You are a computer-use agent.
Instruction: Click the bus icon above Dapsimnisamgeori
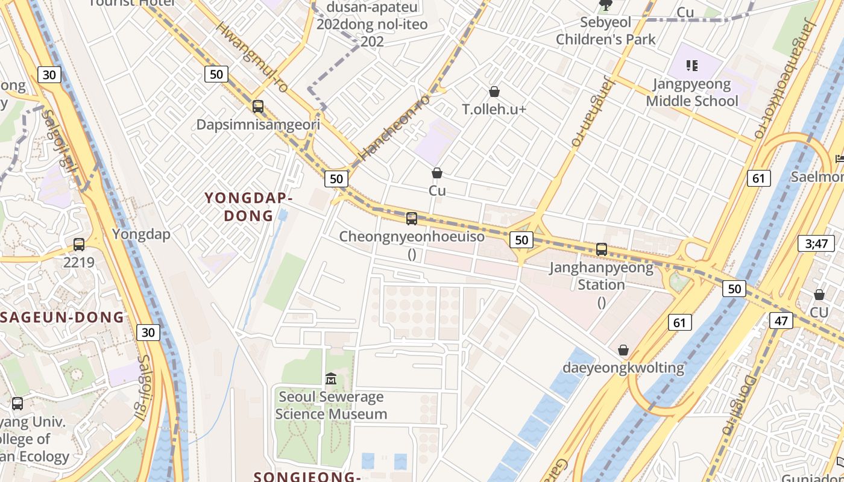258,107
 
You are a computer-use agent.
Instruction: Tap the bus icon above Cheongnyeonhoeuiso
412,218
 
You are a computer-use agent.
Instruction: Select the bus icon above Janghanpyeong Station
601,249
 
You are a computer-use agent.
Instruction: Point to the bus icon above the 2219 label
79,244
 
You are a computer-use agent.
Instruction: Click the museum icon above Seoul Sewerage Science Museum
331,379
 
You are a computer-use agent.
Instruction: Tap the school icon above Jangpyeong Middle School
691,65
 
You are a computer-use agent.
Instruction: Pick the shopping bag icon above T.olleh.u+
494,92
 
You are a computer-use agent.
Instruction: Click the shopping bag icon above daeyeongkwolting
623,350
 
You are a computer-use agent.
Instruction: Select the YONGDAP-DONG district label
248,207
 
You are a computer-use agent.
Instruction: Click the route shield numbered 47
781,321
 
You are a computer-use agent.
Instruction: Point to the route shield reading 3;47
817,243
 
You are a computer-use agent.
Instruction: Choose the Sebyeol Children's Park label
605,31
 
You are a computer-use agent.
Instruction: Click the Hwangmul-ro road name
253,57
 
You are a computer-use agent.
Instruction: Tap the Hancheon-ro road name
394,127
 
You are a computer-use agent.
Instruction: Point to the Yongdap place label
141,234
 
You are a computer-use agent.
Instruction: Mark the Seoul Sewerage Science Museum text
331,405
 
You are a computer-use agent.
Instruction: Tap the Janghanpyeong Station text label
601,276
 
